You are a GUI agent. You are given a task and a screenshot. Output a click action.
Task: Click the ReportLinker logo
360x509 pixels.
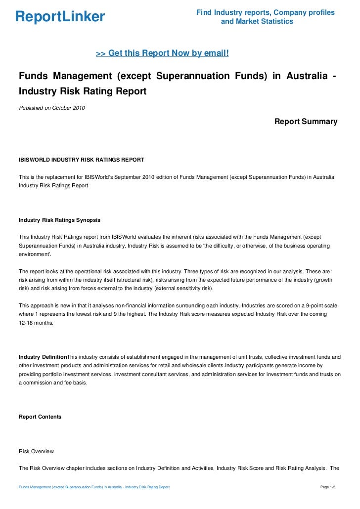click(x=60, y=17)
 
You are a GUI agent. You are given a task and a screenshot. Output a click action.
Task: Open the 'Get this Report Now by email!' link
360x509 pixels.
click(x=162, y=53)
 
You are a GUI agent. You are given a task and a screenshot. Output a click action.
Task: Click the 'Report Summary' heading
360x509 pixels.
click(x=306, y=122)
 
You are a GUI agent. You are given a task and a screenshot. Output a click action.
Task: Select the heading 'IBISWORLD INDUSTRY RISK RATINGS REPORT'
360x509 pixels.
click(x=81, y=160)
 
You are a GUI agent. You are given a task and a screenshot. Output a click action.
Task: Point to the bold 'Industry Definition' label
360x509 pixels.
click(x=43, y=357)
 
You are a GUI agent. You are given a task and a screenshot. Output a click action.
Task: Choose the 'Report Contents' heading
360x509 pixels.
click(x=40, y=417)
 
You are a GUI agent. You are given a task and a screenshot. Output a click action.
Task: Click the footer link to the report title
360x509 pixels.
click(x=94, y=487)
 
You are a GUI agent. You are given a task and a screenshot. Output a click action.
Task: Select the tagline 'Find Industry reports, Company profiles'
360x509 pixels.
click(x=266, y=12)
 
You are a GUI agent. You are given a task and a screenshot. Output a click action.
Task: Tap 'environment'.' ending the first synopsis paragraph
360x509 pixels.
click(x=35, y=254)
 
